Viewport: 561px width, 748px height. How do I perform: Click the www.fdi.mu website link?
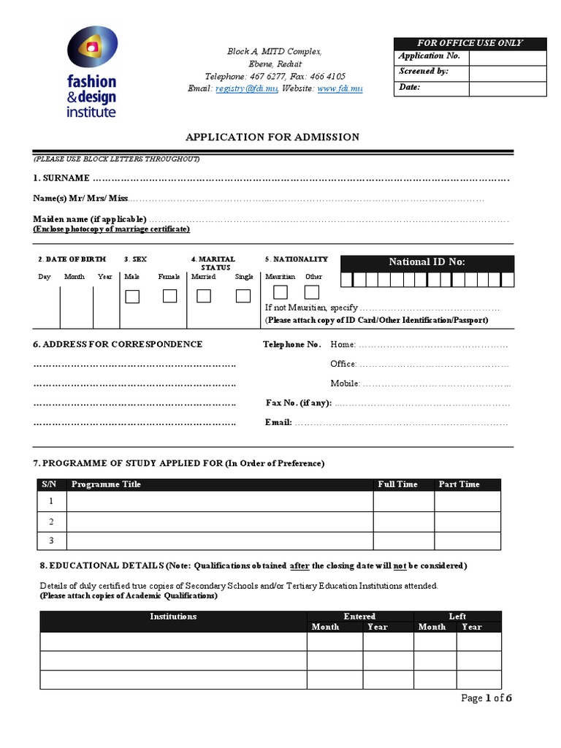(340, 88)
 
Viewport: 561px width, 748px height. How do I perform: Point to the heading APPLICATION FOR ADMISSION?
(272, 137)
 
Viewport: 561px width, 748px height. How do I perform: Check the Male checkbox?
(132, 297)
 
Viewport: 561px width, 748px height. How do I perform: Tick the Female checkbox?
(169, 296)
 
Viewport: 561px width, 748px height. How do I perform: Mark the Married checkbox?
(204, 296)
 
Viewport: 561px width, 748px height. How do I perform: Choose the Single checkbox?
(243, 296)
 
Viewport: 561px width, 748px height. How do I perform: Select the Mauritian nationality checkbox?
(280, 292)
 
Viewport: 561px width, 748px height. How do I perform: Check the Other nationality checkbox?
(312, 292)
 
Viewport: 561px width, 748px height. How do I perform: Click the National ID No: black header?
(427, 262)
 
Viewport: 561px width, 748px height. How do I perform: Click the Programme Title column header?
(106, 484)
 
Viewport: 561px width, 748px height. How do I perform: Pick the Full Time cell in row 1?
(403, 501)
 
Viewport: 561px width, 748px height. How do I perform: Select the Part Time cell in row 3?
(467, 541)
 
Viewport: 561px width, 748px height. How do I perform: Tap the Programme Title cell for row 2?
(219, 522)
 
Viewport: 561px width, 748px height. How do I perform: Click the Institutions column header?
(173, 617)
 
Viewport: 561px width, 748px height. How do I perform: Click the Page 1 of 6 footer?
(486, 698)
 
